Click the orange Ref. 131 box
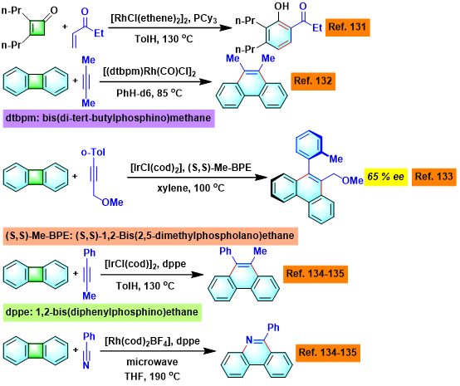pos(347,27)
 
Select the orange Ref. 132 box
pos(313,81)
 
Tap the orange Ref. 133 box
pos(434,177)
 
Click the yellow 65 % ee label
pos(386,177)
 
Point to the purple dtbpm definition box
pos(109,119)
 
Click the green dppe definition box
pos(102,312)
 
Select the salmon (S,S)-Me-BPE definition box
pos(150,236)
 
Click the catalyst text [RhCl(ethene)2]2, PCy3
pos(164,19)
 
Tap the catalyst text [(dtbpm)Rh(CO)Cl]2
pos(149,72)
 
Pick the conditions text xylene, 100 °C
pos(191,188)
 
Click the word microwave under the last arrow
pos(152,362)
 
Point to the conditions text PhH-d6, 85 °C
pos(149,93)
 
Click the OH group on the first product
pos(281,7)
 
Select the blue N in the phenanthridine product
pos(249,340)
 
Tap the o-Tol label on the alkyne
pos(93,152)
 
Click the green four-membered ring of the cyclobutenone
pos(37,28)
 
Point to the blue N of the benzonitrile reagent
pos(86,365)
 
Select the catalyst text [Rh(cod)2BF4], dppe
pos(152,341)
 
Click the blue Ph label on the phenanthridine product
pos(273,327)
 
